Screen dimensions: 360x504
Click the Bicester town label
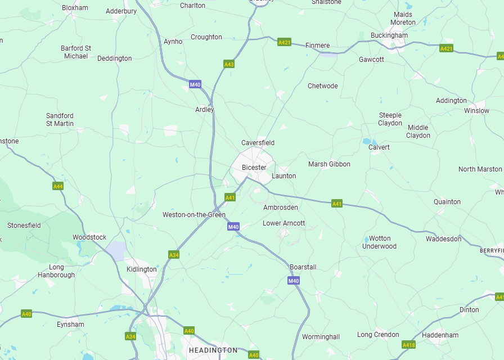coord(254,168)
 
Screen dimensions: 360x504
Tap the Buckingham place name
coord(389,35)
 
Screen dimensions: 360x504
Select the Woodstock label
coord(89,237)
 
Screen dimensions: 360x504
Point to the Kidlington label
coord(142,269)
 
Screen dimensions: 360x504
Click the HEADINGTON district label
coord(213,350)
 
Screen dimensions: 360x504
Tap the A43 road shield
coord(229,64)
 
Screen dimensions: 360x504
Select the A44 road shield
coord(58,186)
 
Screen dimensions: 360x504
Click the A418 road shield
coord(409,344)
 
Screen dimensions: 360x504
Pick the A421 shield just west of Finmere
coord(285,42)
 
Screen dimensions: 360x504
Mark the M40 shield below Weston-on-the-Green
coord(233,227)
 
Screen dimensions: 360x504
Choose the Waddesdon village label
coord(443,239)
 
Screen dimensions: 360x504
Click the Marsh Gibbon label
coord(329,164)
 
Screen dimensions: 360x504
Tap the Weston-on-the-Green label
coord(194,215)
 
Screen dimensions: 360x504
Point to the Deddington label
coord(115,58)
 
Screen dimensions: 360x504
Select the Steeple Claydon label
coord(390,119)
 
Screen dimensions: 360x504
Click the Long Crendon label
coord(378,335)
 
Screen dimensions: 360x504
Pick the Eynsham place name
coord(70,325)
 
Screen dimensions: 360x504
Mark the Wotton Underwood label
coord(379,242)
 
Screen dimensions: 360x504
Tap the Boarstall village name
coord(303,267)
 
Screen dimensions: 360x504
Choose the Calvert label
coord(379,147)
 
